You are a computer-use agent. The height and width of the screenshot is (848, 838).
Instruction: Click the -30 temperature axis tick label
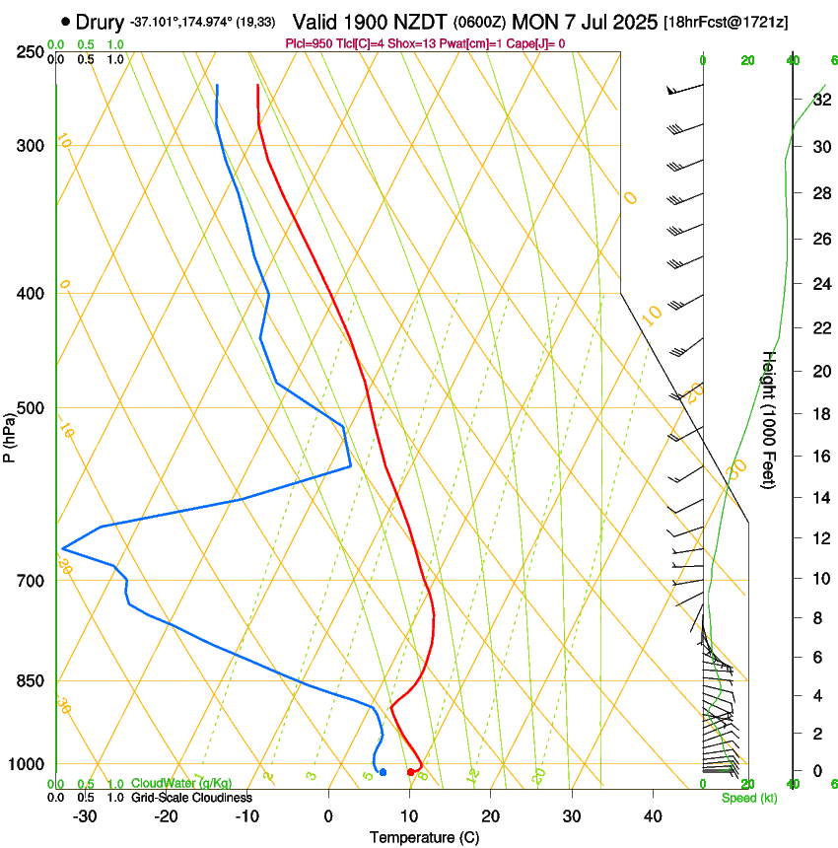tap(86, 815)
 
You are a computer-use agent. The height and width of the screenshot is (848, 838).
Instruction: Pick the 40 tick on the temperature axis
tap(652, 815)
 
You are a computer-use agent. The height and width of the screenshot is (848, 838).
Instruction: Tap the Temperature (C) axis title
tap(424, 837)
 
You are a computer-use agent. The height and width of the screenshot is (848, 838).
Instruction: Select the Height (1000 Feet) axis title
tap(769, 420)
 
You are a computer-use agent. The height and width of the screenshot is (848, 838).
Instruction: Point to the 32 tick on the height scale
tap(820, 100)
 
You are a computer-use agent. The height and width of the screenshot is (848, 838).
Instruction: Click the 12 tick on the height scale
tap(820, 538)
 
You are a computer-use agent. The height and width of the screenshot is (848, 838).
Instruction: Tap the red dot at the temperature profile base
tap(410, 771)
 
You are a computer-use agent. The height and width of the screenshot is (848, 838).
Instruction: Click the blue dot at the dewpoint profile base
tap(383, 771)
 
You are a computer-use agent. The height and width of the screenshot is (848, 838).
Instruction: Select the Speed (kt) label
tap(749, 798)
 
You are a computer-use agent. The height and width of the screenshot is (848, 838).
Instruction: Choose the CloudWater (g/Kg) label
tap(168, 783)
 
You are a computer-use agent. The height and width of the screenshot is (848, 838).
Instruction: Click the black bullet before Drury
tap(65, 20)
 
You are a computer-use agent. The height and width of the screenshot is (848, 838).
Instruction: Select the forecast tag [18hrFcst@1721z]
tap(727, 22)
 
